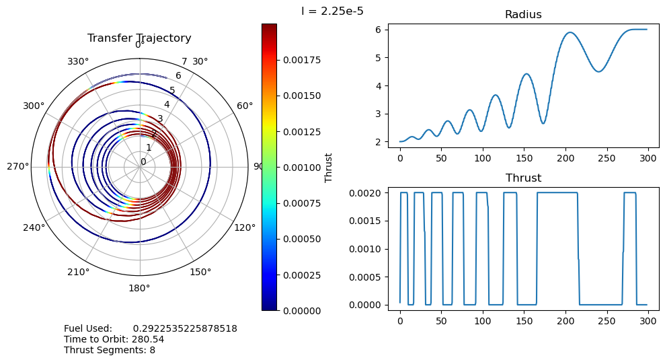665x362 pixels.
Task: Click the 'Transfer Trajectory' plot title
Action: [139, 38]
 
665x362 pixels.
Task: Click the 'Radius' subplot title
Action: [522, 15]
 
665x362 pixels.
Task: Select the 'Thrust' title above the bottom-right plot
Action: [522, 178]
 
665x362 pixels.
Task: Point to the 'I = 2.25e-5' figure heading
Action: [332, 11]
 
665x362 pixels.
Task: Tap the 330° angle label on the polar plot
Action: [79, 62]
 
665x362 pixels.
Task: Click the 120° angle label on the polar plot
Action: [245, 227]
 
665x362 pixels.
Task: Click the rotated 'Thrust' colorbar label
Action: [329, 167]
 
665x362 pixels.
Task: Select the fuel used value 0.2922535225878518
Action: [185, 328]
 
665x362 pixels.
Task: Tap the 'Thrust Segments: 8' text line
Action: [110, 350]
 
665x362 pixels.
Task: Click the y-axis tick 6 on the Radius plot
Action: [379, 30]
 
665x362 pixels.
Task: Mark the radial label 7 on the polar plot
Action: [184, 63]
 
